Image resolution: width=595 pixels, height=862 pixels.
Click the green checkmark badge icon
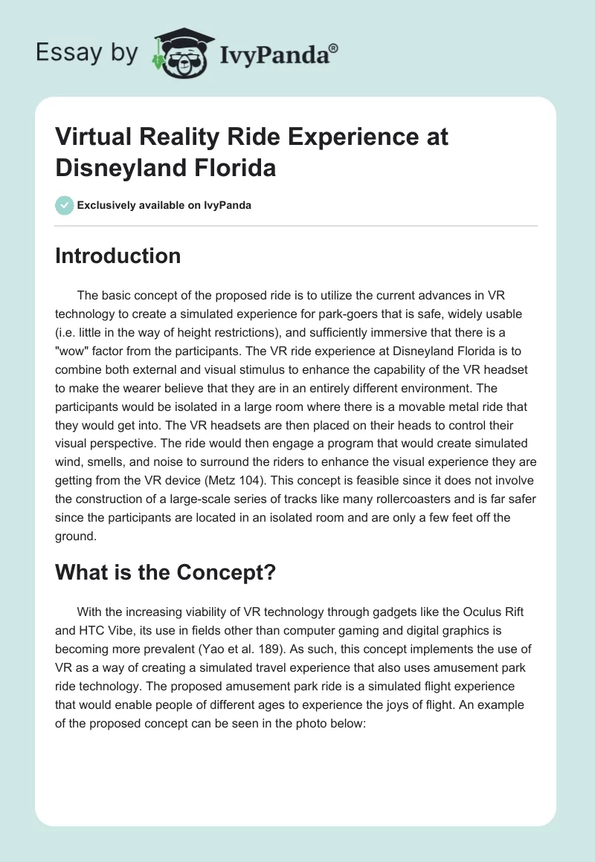(64, 205)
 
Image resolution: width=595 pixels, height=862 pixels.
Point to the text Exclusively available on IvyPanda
(164, 205)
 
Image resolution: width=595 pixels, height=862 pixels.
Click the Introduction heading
(118, 256)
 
